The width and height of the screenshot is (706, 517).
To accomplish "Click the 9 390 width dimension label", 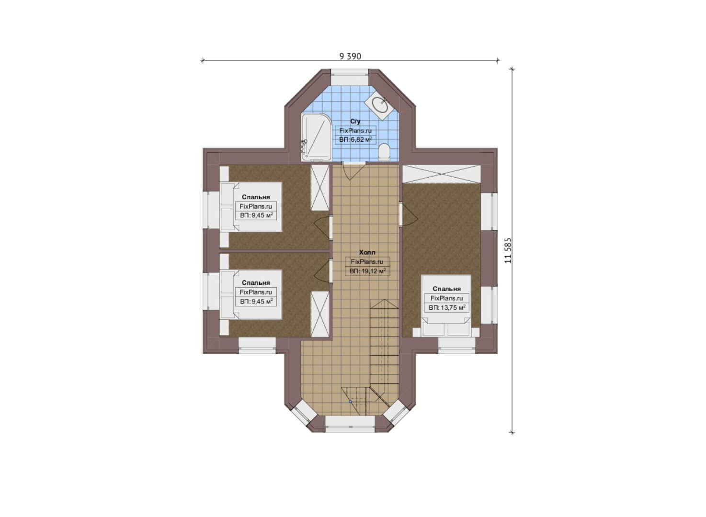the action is click(350, 56).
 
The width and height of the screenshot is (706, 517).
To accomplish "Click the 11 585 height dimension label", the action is click(508, 250).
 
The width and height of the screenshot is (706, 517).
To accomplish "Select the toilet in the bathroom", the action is click(384, 153).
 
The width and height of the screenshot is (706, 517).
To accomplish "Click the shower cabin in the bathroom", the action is click(316, 137).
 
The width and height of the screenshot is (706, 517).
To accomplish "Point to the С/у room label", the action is click(355, 121).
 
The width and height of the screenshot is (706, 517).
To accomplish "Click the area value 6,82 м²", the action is click(355, 140).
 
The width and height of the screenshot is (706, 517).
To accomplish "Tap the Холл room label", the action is click(367, 252).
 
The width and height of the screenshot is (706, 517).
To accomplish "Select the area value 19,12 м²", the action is click(367, 271).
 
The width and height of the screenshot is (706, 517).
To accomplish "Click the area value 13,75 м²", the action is click(446, 307).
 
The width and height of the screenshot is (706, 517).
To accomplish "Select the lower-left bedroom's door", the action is click(322, 271).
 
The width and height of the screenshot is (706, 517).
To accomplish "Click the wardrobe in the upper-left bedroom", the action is click(320, 188).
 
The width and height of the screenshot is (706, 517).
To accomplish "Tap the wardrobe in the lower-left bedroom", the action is click(320, 314).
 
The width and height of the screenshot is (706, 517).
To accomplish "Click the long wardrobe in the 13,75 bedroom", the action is click(441, 174).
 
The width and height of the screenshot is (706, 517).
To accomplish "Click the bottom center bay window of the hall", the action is click(350, 424).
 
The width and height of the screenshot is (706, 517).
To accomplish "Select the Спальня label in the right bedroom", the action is click(446, 289).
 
